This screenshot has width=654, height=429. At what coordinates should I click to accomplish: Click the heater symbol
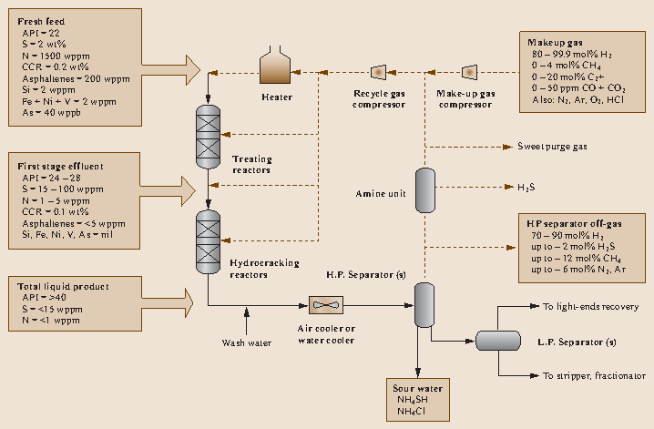(275, 67)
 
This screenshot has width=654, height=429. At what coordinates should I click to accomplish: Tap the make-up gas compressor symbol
(469, 71)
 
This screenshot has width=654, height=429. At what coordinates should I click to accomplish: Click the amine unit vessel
(424, 189)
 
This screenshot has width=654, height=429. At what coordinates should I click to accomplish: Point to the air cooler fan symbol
(326, 303)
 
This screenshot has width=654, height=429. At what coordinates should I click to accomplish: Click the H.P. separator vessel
(424, 304)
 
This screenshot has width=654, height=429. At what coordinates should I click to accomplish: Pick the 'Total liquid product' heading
(58, 286)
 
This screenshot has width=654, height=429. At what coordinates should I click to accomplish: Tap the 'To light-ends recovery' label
(584, 307)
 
